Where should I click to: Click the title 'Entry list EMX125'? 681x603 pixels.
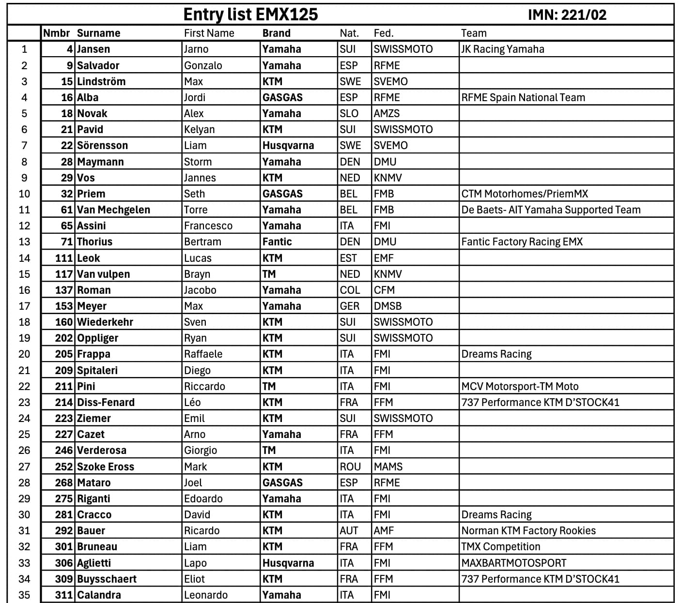click(250, 15)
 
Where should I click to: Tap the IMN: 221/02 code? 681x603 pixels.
click(567, 15)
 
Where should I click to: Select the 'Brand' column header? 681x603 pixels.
click(277, 33)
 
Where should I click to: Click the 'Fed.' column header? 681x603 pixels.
click(384, 33)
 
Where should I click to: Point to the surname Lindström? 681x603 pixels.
click(101, 81)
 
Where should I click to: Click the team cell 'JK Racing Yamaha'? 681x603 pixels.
click(503, 49)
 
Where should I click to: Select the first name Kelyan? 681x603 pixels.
click(199, 130)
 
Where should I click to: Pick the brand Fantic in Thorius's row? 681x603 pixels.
click(277, 242)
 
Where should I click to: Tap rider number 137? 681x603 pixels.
click(64, 290)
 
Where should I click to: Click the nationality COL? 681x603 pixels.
click(350, 290)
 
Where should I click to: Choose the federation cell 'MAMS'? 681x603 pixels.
click(388, 467)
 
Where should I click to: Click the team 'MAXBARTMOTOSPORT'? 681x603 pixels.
click(514, 563)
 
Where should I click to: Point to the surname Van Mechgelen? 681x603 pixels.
click(114, 210)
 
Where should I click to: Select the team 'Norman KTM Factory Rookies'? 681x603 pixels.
click(528, 531)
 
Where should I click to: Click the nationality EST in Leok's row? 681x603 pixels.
click(348, 258)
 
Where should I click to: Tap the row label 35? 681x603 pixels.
click(24, 595)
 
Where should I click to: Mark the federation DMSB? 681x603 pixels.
click(388, 306)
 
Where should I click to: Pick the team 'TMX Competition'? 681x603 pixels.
click(501, 547)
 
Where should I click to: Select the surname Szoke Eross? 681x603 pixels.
click(106, 467)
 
